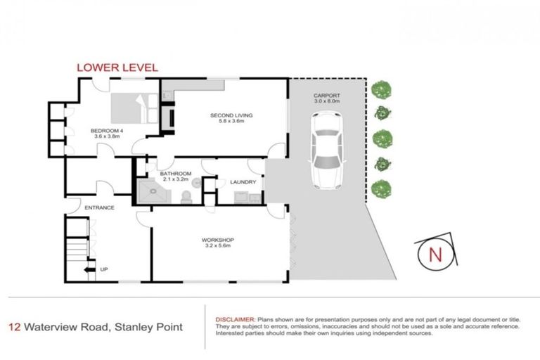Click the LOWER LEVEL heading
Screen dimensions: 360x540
pyautogui.click(x=117, y=67)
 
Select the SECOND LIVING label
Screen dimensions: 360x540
pyautogui.click(x=231, y=115)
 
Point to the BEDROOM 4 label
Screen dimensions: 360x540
pyautogui.click(x=105, y=131)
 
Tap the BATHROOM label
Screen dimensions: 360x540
pyautogui.click(x=175, y=173)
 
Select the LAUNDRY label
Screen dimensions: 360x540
pyautogui.click(x=243, y=183)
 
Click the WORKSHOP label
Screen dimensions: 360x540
pyautogui.click(x=217, y=239)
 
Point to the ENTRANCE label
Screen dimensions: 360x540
pyautogui.click(x=99, y=207)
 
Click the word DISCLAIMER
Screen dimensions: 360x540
pyautogui.click(x=236, y=319)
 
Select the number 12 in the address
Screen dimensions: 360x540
pyautogui.click(x=13, y=327)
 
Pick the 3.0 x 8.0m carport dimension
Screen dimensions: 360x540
pyautogui.click(x=327, y=102)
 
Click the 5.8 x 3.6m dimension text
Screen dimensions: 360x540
pyautogui.click(x=231, y=122)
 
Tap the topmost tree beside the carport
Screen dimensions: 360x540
pyautogui.click(x=381, y=89)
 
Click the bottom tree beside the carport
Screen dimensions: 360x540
pyautogui.click(x=381, y=188)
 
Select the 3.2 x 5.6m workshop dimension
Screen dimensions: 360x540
pyautogui.click(x=217, y=246)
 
